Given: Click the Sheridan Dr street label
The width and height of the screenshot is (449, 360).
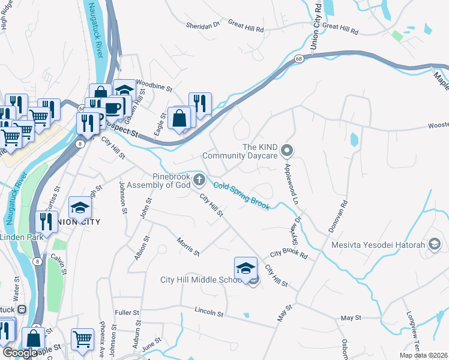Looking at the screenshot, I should [203, 25].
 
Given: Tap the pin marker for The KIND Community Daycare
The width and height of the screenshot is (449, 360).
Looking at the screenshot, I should [287, 150].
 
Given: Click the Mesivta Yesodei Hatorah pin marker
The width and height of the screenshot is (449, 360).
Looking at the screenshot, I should [435, 244].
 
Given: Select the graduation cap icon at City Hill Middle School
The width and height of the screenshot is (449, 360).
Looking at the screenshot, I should [246, 268].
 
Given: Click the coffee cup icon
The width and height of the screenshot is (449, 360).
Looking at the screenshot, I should [112, 107].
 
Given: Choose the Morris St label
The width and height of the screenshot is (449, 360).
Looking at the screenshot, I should [188, 245].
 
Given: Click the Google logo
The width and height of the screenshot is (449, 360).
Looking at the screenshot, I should [20, 353].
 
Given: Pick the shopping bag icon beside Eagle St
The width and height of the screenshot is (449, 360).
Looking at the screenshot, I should [179, 118].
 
